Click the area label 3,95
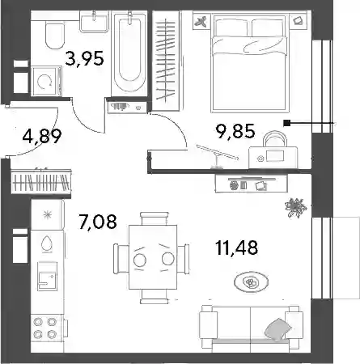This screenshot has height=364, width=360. (x=84, y=58)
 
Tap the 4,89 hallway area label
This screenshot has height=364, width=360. (x=42, y=136)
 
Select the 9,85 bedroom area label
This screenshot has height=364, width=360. (x=235, y=131)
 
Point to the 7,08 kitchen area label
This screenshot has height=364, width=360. (x=97, y=221)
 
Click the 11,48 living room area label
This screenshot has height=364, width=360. (x=237, y=248)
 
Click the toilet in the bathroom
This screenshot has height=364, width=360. (x=55, y=35)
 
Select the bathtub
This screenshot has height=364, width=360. (x=129, y=53)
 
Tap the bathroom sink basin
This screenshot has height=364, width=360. (x=94, y=22)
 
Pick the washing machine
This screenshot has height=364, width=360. (x=46, y=81)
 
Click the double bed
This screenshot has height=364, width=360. (x=249, y=63)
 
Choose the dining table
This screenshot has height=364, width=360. (x=153, y=257)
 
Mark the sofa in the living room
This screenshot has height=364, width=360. (x=249, y=329)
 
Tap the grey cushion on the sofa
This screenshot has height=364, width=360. (x=278, y=329)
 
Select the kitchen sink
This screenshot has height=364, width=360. (x=48, y=276)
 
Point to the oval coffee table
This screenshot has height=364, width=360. (x=251, y=282)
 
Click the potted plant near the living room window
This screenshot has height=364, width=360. (x=295, y=208)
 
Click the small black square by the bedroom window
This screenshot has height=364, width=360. (x=286, y=123)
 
